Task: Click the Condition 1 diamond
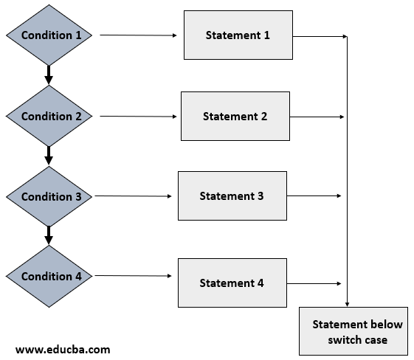click(49, 35)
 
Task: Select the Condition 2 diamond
click(49, 116)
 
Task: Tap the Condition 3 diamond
click(49, 196)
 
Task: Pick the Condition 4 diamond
click(49, 276)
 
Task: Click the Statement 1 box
click(238, 35)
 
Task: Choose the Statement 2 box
click(235, 116)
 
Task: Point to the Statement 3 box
click(232, 195)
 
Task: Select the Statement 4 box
click(232, 283)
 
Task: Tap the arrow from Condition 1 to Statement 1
click(139, 35)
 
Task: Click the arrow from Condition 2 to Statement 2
click(139, 116)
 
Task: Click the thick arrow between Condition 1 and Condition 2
click(49, 75)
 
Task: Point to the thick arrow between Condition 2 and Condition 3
click(49, 155)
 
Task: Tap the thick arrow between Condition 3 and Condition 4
click(49, 235)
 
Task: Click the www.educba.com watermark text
click(63, 349)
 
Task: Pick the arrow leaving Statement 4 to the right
click(314, 283)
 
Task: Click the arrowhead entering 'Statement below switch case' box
click(348, 302)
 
